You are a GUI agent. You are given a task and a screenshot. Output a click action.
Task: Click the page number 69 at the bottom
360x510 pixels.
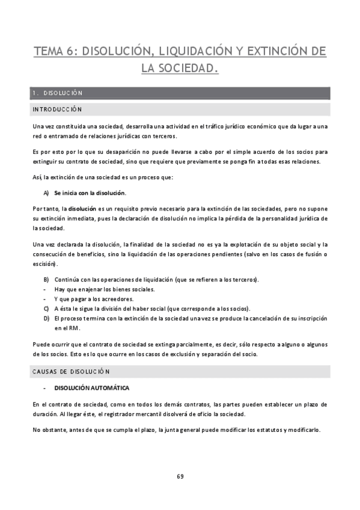(180, 476)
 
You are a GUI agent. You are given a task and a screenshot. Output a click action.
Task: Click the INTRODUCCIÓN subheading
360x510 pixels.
(57, 109)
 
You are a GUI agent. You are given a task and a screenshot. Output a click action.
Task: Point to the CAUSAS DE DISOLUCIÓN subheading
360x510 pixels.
(72, 372)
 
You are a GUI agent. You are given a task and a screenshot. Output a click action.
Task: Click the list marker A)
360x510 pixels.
(46, 193)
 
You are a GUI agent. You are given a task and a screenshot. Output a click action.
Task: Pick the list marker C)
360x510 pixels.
(46, 309)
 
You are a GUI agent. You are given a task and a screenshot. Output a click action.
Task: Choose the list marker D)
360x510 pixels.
(46, 318)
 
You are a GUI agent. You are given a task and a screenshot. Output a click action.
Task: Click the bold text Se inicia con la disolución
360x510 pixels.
(90, 193)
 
